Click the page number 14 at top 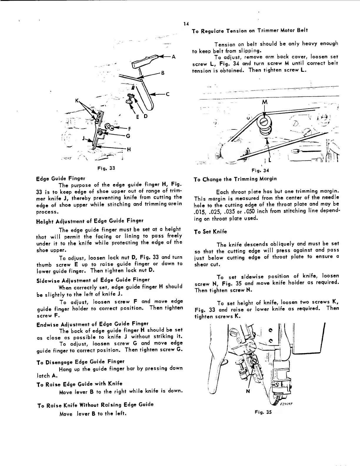tap(185, 24)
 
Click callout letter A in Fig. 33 tap(174, 57)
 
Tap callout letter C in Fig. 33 tap(167, 94)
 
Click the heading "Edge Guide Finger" tap(60, 179)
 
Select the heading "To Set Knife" tap(211, 232)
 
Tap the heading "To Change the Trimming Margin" tap(235, 179)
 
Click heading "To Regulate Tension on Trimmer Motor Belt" tap(250, 31)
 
